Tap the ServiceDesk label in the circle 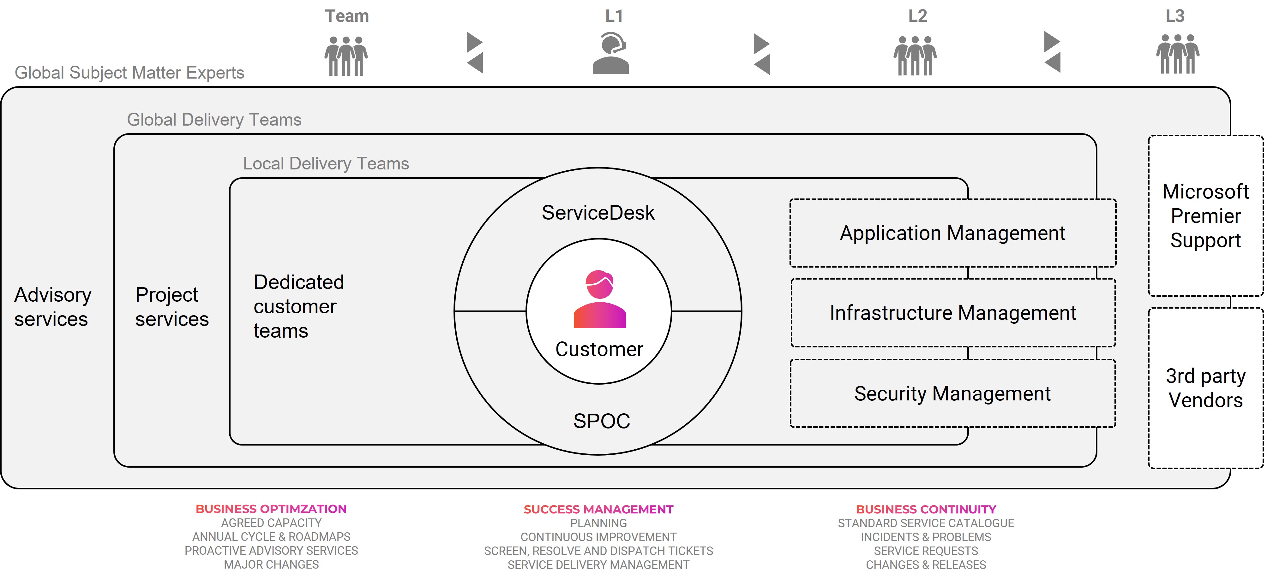click(x=598, y=213)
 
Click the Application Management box click(x=953, y=233)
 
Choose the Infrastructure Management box click(x=953, y=313)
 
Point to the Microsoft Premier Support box click(x=1205, y=216)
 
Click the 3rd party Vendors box click(x=1205, y=388)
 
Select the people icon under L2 click(x=915, y=56)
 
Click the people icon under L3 click(x=1178, y=54)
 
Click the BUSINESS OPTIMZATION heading click(x=271, y=509)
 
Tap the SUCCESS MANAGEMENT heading click(x=598, y=509)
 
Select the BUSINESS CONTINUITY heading click(x=926, y=509)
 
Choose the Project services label click(x=172, y=307)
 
